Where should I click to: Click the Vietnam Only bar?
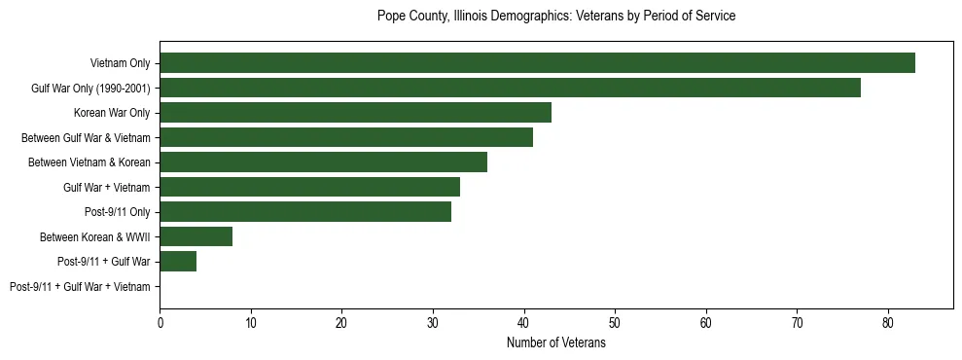coord(537,63)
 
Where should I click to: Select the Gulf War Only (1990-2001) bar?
coord(510,89)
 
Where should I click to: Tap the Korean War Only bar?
coord(355,113)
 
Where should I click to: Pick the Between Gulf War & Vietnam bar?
coord(346,137)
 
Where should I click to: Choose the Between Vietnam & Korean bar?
coord(323,162)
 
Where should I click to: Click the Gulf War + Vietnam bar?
coord(309,187)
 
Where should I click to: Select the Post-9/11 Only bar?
coord(305,212)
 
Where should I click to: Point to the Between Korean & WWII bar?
coord(196,236)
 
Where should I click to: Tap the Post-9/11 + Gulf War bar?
coord(178,262)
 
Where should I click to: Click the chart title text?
coord(556,17)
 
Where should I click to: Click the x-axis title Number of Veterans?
coord(556,342)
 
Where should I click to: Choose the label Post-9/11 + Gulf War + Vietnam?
coord(80,287)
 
